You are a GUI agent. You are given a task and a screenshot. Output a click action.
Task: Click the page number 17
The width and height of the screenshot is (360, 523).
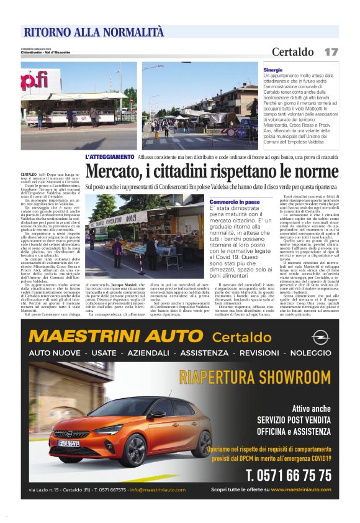pyautogui.click(x=331, y=52)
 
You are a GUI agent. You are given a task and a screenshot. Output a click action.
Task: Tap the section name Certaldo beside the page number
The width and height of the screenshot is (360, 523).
pyautogui.click(x=292, y=52)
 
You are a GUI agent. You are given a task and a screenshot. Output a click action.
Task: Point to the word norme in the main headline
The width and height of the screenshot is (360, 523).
pyautogui.click(x=316, y=171)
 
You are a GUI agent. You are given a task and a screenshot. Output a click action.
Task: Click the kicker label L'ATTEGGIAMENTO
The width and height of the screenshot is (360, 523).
pyautogui.click(x=110, y=157)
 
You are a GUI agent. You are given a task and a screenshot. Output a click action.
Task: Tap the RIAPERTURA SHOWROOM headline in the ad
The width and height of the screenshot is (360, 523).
pyautogui.click(x=254, y=376)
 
